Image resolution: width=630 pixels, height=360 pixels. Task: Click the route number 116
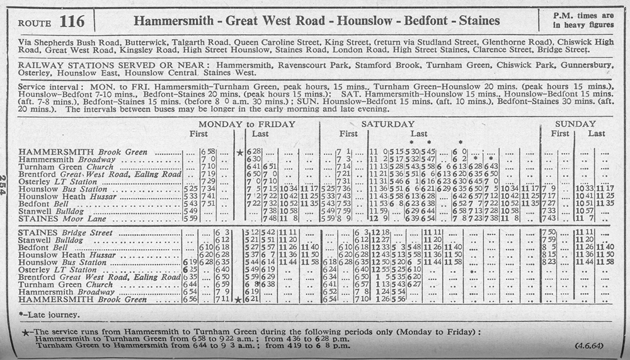[72, 22]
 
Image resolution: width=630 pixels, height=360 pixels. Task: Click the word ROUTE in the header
[35, 23]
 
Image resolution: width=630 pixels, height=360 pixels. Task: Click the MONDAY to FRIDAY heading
[246, 124]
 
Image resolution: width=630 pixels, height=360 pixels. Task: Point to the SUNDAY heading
[575, 124]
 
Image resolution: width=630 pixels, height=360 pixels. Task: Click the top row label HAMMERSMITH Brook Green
[83, 152]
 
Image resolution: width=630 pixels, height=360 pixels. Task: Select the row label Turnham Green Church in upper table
[66, 166]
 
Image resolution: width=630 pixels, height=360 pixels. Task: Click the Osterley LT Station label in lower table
[58, 270]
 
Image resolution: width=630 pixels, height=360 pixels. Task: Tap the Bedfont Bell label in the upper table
[39, 204]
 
